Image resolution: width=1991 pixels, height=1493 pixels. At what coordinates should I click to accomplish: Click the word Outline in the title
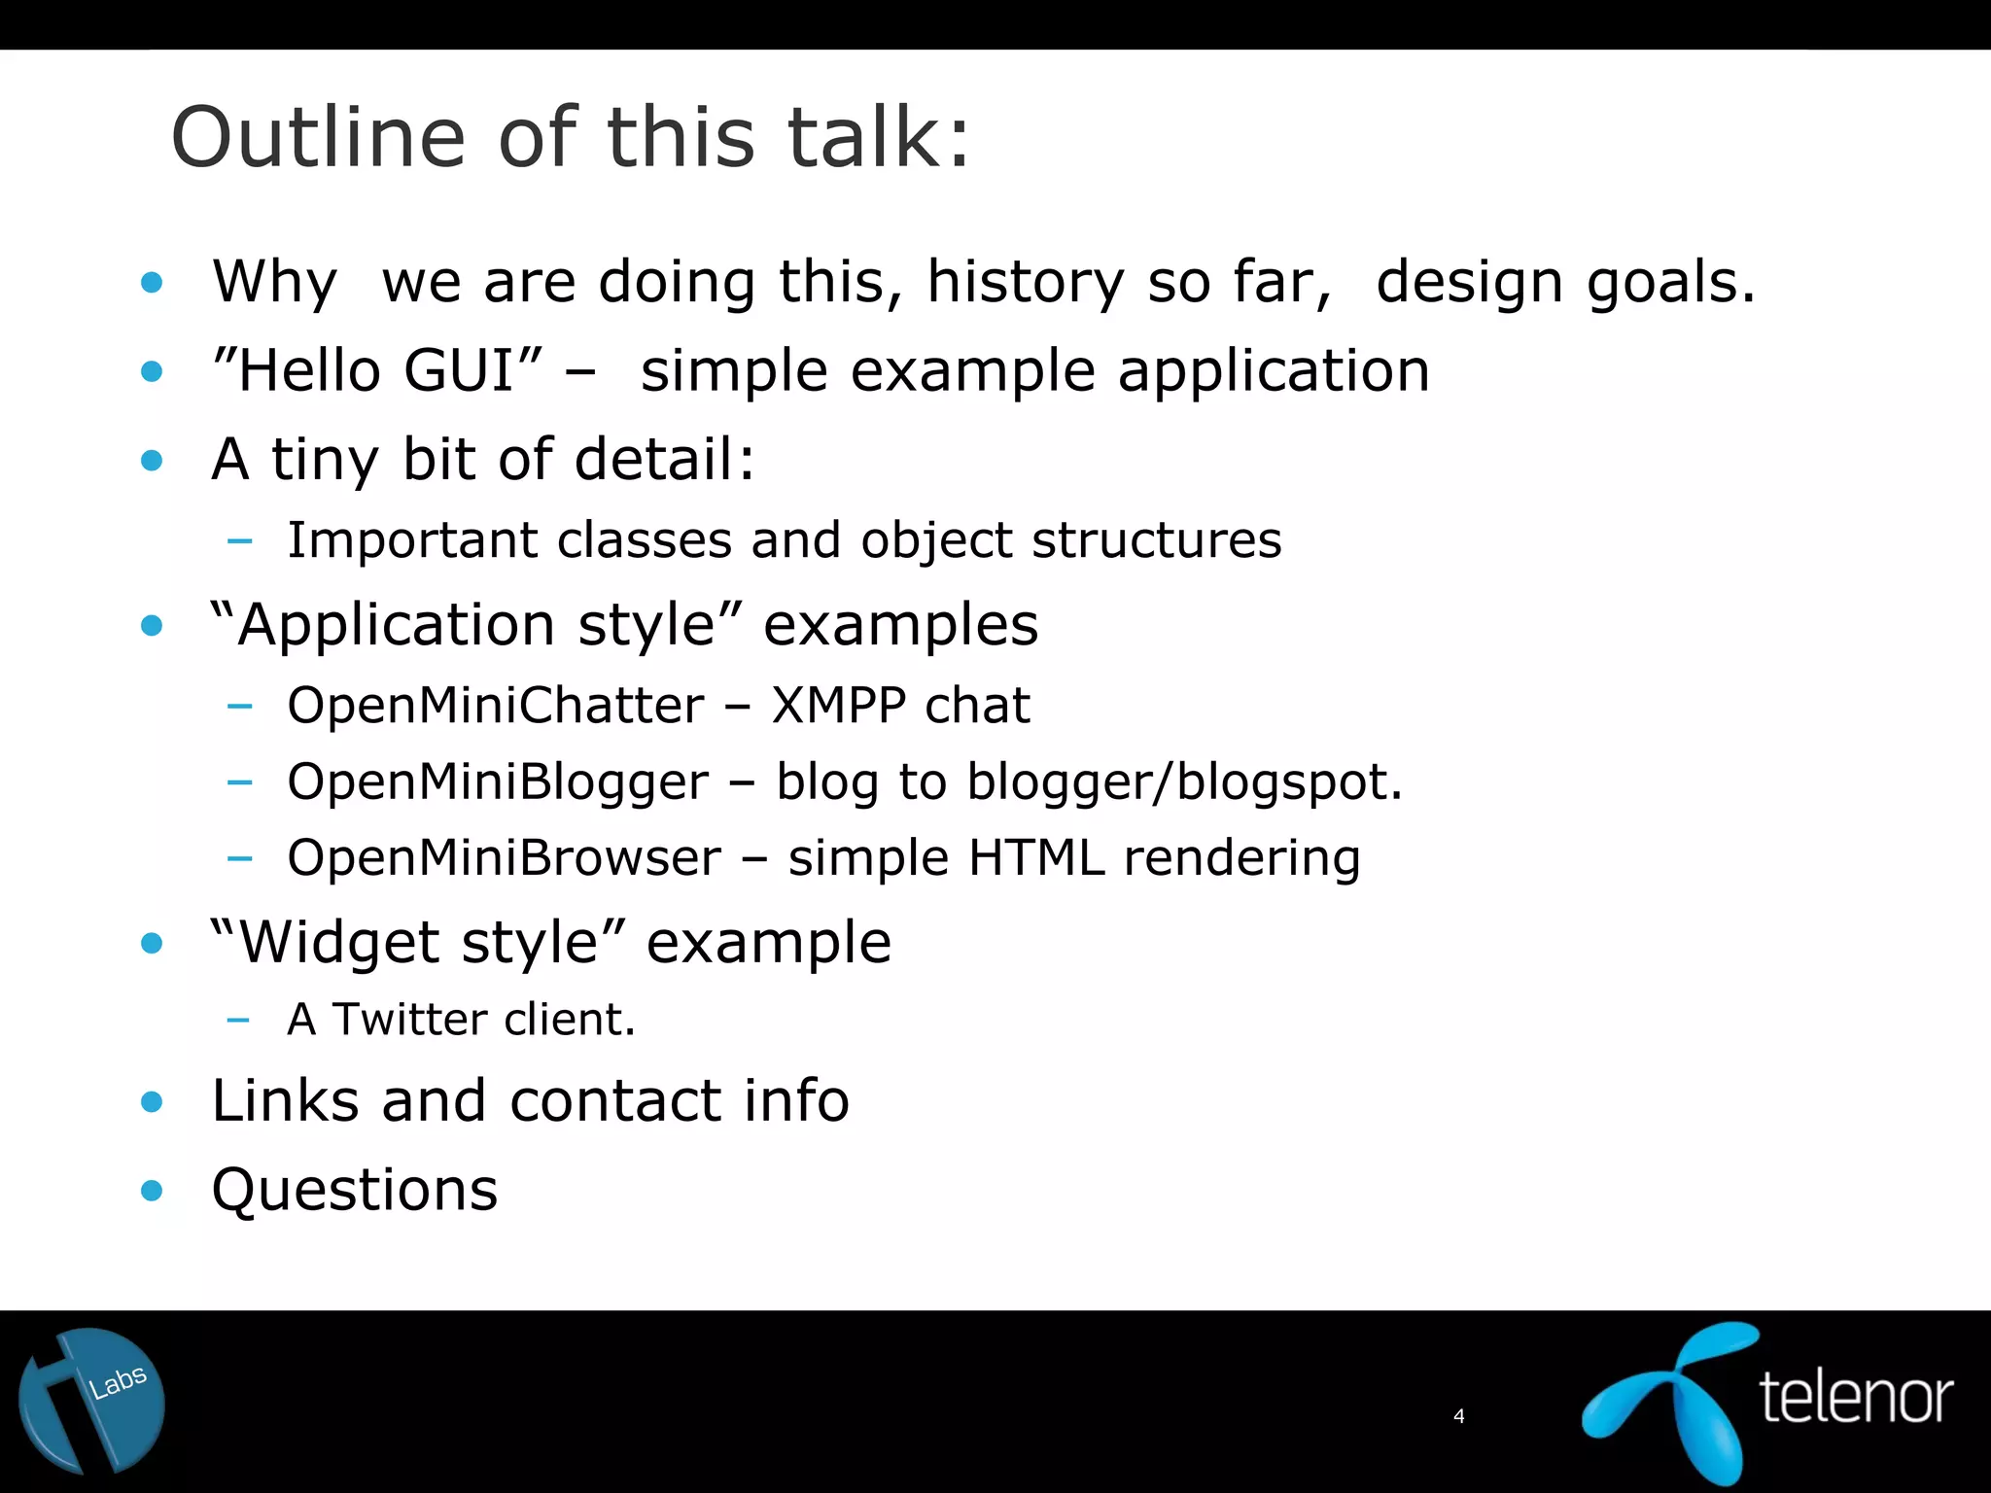click(x=318, y=137)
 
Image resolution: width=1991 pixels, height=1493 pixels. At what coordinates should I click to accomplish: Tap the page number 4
click(x=1458, y=1416)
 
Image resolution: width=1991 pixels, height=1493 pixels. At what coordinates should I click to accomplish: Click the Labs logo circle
click(x=91, y=1401)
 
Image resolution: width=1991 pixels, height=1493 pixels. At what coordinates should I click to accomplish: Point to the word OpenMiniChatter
click(x=495, y=706)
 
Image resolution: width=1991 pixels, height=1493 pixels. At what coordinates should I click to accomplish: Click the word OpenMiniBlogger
click(x=498, y=781)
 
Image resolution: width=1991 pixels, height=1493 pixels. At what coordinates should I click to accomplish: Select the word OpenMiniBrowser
click(x=504, y=857)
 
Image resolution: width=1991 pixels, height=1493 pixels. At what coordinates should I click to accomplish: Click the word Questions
click(x=354, y=1190)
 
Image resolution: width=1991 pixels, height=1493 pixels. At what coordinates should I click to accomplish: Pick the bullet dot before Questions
click(x=152, y=1190)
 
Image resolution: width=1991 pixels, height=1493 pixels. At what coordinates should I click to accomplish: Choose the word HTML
click(x=1036, y=857)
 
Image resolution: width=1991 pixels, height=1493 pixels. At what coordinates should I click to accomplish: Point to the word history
click(x=1025, y=283)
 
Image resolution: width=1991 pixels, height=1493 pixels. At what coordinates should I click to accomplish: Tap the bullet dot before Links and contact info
click(x=152, y=1101)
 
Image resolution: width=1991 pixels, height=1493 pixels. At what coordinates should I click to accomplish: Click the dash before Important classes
click(x=239, y=540)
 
